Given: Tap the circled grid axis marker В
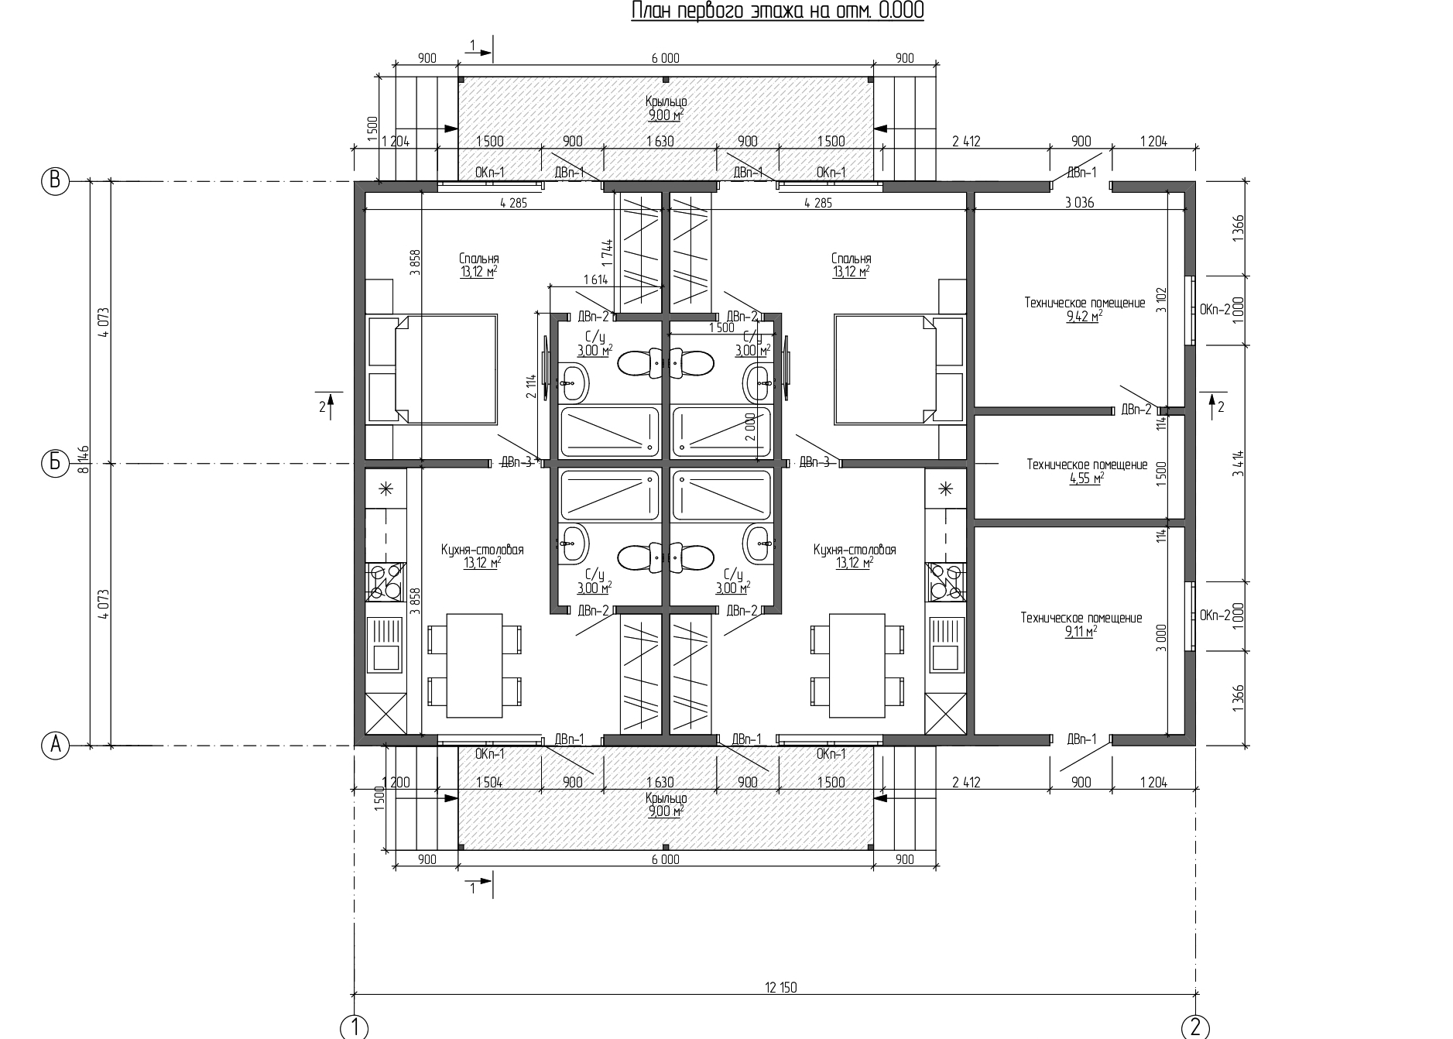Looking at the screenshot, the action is pyautogui.click(x=55, y=181).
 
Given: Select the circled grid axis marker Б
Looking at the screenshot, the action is pyautogui.click(x=55, y=463).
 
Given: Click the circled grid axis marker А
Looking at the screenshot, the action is pyautogui.click(x=55, y=745).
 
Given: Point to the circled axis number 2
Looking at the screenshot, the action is pyautogui.click(x=1195, y=1027).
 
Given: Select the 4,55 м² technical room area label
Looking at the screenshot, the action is pyautogui.click(x=1087, y=478).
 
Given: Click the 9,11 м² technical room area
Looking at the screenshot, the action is pyautogui.click(x=1081, y=631).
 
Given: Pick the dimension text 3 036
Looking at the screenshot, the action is pyautogui.click(x=1079, y=204).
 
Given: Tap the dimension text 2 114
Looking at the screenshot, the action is pyautogui.click(x=531, y=386).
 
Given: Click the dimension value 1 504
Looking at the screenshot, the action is pyautogui.click(x=489, y=782).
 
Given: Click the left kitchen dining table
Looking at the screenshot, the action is pyautogui.click(x=475, y=666).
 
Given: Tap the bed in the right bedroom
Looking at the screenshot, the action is pyautogui.click(x=887, y=369).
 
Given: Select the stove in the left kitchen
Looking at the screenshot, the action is pyautogui.click(x=385, y=581).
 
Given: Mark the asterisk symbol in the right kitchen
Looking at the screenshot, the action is pyautogui.click(x=944, y=489).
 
